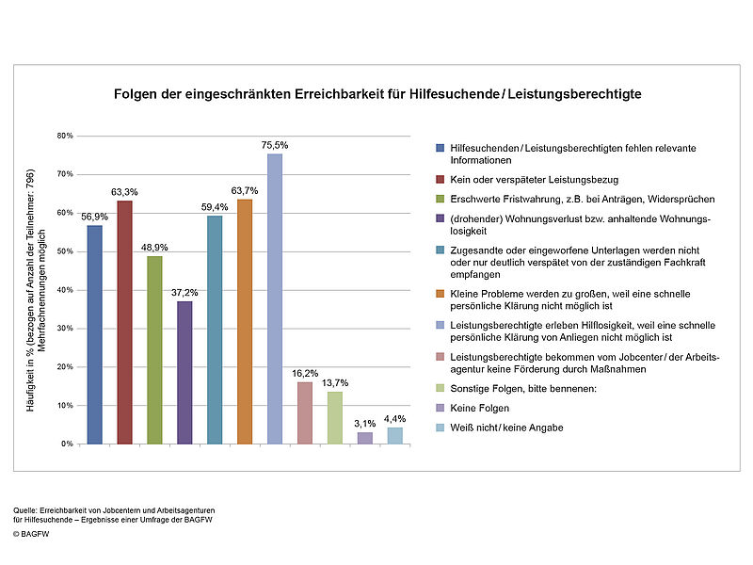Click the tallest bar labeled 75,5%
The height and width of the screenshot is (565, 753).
[275, 299]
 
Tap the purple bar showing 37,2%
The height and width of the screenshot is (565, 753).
[184, 373]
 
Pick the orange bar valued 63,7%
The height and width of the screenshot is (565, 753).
[245, 321]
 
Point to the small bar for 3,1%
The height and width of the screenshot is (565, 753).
[365, 438]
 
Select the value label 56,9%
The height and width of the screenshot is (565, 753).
[95, 217]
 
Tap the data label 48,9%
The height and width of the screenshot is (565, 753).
[154, 248]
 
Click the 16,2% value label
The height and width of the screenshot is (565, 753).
[305, 373]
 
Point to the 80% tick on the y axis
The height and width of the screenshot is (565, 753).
[65, 136]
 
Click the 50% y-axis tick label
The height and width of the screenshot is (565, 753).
[65, 251]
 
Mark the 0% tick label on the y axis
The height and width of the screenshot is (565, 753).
[67, 444]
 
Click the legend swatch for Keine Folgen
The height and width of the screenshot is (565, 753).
[440, 408]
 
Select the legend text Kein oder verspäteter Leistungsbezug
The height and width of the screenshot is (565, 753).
[534, 180]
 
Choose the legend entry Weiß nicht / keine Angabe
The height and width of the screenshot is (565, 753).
[506, 428]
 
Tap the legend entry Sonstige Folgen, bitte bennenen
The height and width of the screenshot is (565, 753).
[523, 389]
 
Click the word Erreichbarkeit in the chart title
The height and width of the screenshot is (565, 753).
[339, 93]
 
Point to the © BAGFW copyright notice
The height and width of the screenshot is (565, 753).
[31, 534]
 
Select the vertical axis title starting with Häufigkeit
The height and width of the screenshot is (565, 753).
[36, 290]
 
